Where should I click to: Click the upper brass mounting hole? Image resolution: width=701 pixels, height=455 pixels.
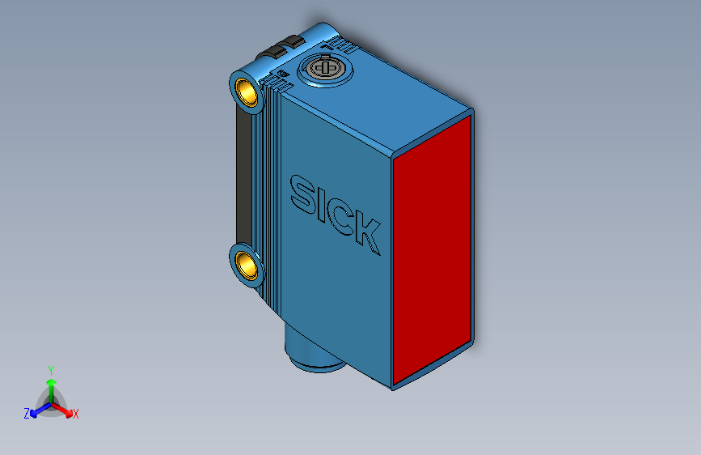[247, 91]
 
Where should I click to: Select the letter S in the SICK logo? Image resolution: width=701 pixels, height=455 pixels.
[303, 194]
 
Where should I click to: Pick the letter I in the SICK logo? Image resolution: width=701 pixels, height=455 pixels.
[323, 206]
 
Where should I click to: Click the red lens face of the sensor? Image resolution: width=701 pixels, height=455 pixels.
[432, 247]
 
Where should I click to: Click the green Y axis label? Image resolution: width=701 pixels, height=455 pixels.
[50, 368]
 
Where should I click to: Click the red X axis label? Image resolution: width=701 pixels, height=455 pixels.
[76, 415]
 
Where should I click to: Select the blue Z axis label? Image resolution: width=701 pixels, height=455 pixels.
[27, 413]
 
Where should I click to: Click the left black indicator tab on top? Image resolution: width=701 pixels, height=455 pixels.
[268, 53]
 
